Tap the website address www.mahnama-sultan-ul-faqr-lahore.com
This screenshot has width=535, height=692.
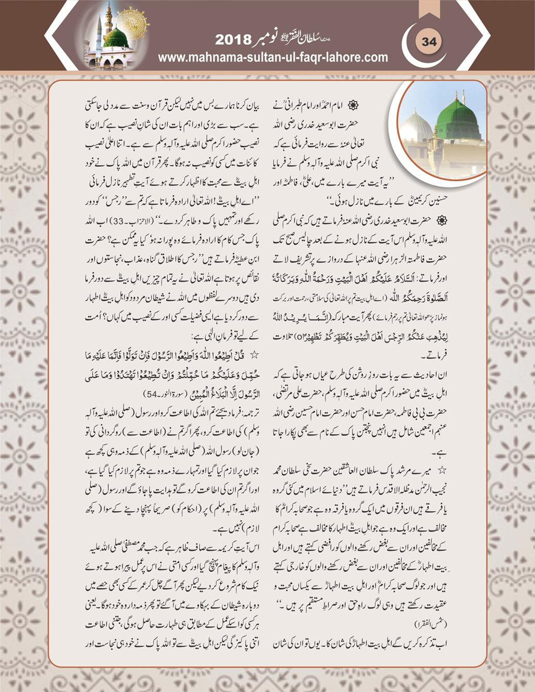273,57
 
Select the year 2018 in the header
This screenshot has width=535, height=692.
233,40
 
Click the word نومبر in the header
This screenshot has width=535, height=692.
268,39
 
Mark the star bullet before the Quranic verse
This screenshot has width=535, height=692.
254,355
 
